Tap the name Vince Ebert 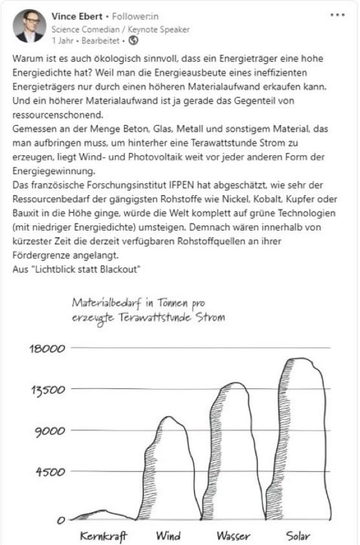(75, 16)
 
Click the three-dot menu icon (337, 15)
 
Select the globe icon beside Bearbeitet (134, 40)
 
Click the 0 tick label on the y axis (62, 519)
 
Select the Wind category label (168, 536)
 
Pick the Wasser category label (233, 536)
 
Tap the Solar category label (298, 536)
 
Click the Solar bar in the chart (300, 441)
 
